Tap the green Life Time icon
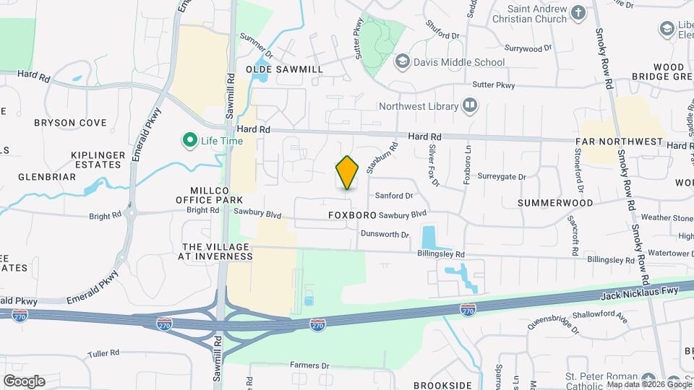(x=190, y=140)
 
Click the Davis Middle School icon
(x=401, y=62)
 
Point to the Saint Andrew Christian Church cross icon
(x=578, y=13)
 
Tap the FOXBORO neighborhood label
(x=352, y=215)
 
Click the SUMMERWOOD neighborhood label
(x=555, y=203)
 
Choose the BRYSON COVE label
(x=70, y=123)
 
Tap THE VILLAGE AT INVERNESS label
(x=215, y=251)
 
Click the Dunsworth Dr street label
(x=385, y=234)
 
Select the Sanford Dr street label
(x=394, y=195)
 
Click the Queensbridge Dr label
(x=552, y=317)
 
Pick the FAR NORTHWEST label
(x=620, y=142)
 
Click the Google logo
(x=24, y=381)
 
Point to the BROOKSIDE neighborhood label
(x=442, y=386)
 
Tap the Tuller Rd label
(x=103, y=353)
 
